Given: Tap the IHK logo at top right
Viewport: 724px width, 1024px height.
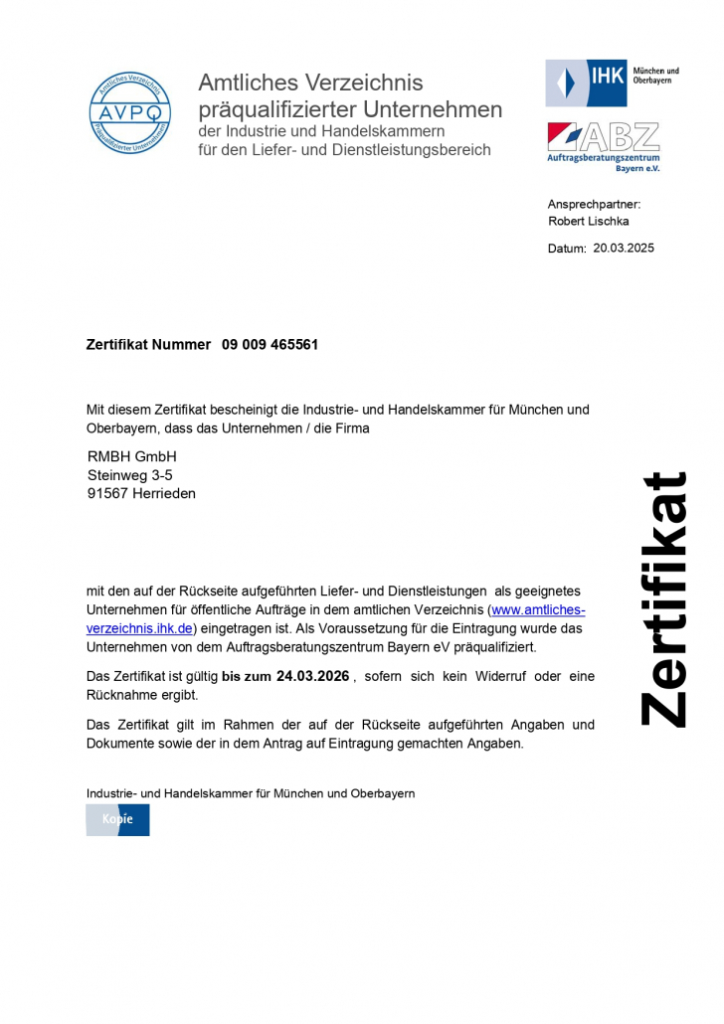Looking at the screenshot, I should click(613, 82).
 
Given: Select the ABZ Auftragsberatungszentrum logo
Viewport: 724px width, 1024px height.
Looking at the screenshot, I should click(603, 146).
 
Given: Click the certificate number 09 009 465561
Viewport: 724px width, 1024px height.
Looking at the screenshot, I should click(270, 344).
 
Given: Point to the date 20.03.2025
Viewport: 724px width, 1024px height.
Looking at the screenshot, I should click(624, 249).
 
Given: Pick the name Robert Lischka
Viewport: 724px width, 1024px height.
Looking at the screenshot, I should click(588, 221).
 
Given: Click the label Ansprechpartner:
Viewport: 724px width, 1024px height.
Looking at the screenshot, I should click(594, 204).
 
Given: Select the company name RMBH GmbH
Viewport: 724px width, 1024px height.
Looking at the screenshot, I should click(131, 456).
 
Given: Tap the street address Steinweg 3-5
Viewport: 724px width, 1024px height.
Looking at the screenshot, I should click(129, 475).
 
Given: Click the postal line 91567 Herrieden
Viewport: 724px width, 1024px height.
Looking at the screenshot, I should click(141, 493).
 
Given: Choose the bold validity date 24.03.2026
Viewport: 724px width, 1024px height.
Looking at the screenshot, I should click(313, 676).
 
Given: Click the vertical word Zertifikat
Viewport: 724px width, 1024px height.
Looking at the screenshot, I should click(663, 598).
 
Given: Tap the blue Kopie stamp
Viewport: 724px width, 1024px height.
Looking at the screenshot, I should click(117, 819).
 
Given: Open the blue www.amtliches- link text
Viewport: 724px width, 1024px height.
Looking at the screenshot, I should click(538, 609).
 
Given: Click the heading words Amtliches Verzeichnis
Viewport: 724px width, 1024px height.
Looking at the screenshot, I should click(310, 83).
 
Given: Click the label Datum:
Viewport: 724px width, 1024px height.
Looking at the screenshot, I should click(567, 249).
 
